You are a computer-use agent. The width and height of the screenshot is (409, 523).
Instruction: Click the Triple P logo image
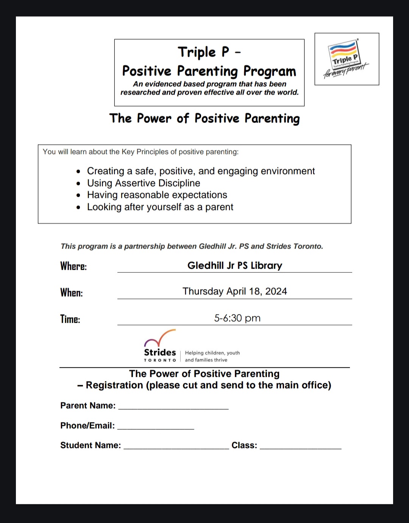tap(346, 59)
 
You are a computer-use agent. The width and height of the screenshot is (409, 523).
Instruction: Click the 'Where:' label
tap(73, 266)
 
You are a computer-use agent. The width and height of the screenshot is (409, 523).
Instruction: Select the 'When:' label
tap(72, 293)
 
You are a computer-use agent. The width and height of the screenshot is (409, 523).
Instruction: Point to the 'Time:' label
tap(70, 319)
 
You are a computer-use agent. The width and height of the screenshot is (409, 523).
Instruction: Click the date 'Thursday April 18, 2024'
tap(234, 291)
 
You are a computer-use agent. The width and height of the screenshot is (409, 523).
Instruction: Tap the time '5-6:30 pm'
tap(237, 318)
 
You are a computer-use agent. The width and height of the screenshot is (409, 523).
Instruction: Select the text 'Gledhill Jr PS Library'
tap(235, 265)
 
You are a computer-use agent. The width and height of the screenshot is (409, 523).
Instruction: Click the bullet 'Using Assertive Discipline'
tap(144, 183)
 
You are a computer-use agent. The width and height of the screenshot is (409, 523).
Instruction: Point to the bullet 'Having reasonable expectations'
tap(157, 195)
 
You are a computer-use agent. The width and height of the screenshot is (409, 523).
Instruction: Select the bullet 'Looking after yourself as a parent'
tap(160, 207)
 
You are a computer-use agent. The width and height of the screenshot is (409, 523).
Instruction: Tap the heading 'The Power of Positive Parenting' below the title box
tap(204, 118)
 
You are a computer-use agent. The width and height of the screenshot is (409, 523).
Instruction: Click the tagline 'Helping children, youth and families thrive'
tap(212, 356)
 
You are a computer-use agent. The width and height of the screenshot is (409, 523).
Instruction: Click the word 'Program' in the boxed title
tap(269, 71)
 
